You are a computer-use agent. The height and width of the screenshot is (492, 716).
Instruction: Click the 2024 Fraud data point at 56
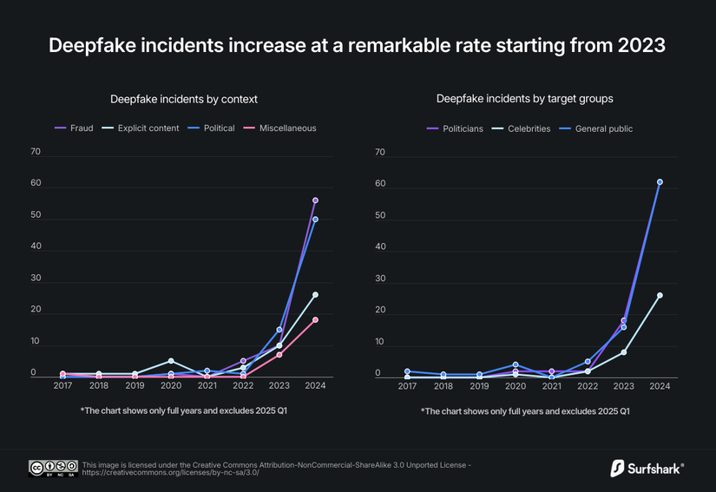(x=315, y=200)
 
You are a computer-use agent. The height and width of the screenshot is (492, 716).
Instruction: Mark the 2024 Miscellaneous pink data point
(x=315, y=320)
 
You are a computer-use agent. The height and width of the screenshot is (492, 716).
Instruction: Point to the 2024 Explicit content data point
(x=315, y=295)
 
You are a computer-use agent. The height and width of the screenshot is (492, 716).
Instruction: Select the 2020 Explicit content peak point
(x=171, y=361)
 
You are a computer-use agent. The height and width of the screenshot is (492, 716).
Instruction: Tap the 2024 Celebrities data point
(x=660, y=295)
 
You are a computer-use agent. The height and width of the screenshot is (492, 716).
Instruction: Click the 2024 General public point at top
(x=660, y=182)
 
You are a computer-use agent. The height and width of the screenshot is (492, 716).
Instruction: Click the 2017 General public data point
(x=407, y=371)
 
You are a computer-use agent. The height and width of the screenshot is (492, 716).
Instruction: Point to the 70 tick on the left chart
(x=36, y=152)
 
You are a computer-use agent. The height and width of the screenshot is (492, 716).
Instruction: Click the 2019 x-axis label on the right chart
(x=479, y=385)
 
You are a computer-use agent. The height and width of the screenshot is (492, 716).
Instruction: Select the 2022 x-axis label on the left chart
(x=243, y=385)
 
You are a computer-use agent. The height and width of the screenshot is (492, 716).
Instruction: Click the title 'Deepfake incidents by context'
(x=184, y=99)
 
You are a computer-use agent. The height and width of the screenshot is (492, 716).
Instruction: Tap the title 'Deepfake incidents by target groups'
(x=525, y=99)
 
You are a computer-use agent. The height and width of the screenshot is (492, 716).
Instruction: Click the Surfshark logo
(x=647, y=469)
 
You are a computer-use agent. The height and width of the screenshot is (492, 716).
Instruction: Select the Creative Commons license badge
(x=53, y=469)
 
